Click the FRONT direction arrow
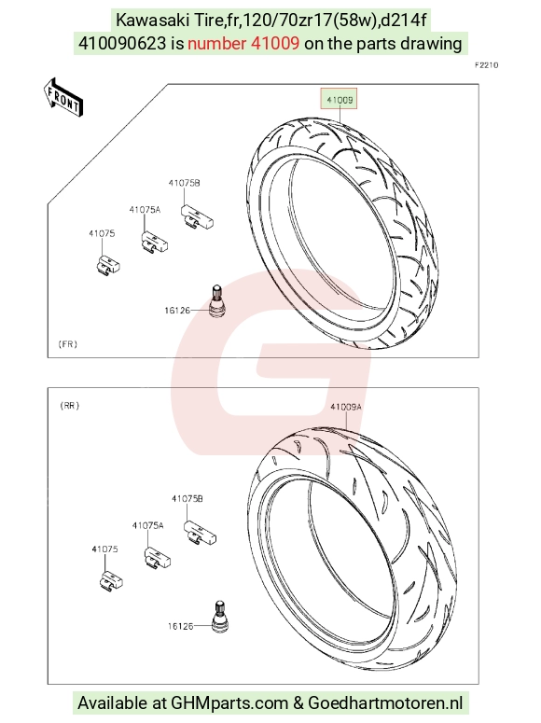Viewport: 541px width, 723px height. point(62,97)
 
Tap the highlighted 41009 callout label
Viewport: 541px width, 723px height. point(340,100)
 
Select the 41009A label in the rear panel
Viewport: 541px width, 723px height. point(346,407)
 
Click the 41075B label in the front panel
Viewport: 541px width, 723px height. point(185,183)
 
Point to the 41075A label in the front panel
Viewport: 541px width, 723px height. point(145,210)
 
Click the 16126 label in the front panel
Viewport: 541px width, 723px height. point(177,311)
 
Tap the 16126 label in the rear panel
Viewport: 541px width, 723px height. point(180,626)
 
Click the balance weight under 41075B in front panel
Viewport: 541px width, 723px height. point(197,217)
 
